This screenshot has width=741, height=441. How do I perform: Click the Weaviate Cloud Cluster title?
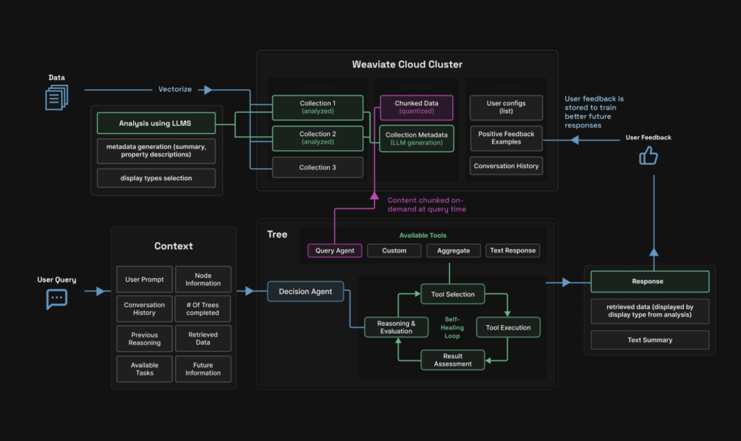(407, 64)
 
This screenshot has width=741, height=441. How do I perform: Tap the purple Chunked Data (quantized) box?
(416, 107)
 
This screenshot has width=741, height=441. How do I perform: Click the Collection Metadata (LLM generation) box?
(416, 139)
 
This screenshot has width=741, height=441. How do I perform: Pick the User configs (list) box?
(506, 107)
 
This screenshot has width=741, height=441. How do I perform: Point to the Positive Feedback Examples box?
(506, 138)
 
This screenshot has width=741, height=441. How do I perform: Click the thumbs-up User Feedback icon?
(648, 156)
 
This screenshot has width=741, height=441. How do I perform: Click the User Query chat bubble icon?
(56, 298)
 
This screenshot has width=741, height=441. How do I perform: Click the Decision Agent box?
(305, 292)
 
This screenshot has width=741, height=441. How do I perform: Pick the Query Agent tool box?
(334, 251)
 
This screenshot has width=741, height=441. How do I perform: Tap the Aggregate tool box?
(453, 251)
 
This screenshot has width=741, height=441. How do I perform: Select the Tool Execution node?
(508, 327)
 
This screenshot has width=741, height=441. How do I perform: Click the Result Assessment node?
(452, 360)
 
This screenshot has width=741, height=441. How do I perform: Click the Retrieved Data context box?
(203, 339)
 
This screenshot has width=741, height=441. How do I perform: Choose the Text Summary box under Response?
(649, 340)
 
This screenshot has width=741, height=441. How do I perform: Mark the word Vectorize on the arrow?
(175, 90)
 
